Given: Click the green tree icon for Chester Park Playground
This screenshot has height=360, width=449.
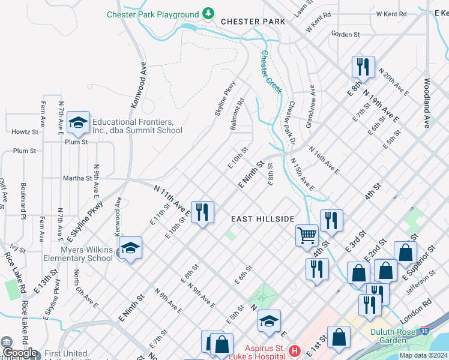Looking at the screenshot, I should [208, 13].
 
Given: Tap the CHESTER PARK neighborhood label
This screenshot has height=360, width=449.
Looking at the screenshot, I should [253, 21].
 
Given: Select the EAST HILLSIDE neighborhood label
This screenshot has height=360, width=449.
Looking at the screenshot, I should [263, 219].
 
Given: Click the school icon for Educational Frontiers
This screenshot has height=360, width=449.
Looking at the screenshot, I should [77, 123].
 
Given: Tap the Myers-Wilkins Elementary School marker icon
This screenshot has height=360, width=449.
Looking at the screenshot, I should [130, 248].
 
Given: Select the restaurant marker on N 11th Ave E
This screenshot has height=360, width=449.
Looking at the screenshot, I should [202, 212].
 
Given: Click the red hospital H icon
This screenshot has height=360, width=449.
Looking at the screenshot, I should [294, 350].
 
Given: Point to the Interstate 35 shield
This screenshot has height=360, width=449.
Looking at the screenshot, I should [425, 331].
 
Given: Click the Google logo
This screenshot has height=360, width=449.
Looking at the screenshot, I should [20, 352].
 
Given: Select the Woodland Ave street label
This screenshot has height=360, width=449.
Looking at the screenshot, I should [427, 103].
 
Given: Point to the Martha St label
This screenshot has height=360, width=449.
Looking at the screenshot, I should [77, 178].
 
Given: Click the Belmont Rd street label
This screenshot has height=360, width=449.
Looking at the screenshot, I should [238, 115].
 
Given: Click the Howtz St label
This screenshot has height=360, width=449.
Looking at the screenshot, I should [25, 131].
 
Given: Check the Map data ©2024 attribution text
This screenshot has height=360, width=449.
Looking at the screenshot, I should [423, 355].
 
